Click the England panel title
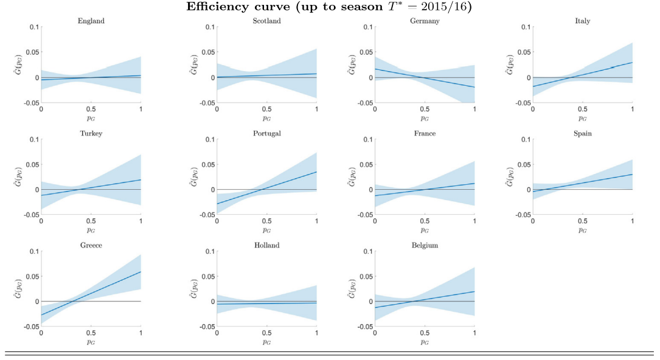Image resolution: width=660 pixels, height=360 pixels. (x=91, y=21)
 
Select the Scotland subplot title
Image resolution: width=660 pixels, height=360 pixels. (x=266, y=21)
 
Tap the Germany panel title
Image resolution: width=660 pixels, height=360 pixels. (x=425, y=21)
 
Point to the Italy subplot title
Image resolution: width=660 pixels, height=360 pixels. (x=582, y=21)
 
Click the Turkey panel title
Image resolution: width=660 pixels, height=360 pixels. (x=91, y=133)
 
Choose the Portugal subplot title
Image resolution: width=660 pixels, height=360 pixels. (x=266, y=133)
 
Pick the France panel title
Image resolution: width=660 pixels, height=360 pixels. (x=425, y=133)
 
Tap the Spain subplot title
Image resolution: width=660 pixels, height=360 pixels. (x=582, y=133)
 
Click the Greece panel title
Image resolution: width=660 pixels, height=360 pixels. (x=91, y=245)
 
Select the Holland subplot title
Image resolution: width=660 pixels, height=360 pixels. (x=266, y=245)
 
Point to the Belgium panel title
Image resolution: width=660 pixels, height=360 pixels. (x=425, y=245)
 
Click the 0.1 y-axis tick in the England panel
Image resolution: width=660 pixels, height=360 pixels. (x=33, y=27)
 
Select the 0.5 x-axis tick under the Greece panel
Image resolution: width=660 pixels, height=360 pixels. (x=91, y=333)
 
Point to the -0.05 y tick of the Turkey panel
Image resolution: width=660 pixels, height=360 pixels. (x=29, y=215)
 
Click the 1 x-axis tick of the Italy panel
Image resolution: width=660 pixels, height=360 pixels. (x=632, y=109)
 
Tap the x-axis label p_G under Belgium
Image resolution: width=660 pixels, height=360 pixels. (x=425, y=342)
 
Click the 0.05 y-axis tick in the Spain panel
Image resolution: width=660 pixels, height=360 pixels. (x=523, y=164)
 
